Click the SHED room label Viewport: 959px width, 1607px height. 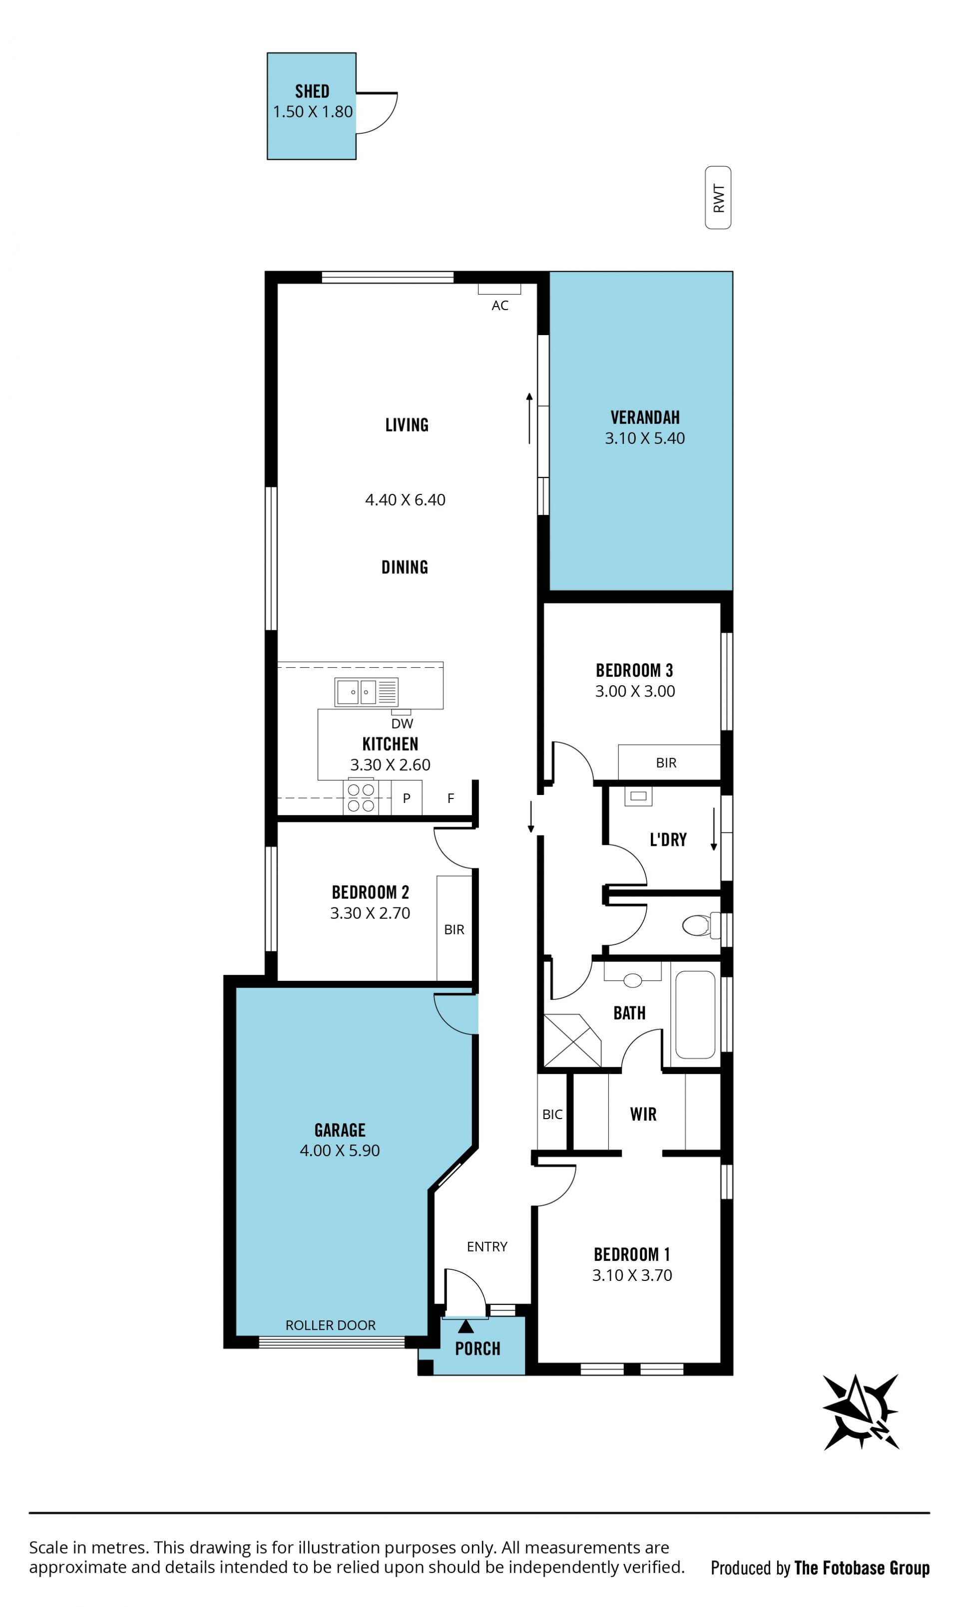pyautogui.click(x=312, y=91)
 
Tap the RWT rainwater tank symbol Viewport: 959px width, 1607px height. pyautogui.click(x=718, y=198)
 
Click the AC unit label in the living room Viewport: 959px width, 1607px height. pyautogui.click(x=499, y=306)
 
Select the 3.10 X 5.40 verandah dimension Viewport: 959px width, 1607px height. pyautogui.click(x=644, y=438)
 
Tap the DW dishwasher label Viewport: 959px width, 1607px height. pyautogui.click(x=402, y=724)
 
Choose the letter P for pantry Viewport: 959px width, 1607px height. pyautogui.click(x=407, y=799)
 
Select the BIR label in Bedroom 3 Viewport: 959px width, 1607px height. pyautogui.click(x=666, y=764)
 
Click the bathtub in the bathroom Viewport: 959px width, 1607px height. pyautogui.click(x=695, y=1015)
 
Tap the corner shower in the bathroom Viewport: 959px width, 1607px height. pyautogui.click(x=572, y=1041)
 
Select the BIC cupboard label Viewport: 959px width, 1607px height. pyautogui.click(x=552, y=1115)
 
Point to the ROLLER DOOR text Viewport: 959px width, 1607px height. pyautogui.click(x=330, y=1325)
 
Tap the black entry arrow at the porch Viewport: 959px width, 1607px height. pyautogui.click(x=466, y=1327)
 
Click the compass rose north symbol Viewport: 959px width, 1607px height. pyautogui.click(x=860, y=1411)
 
